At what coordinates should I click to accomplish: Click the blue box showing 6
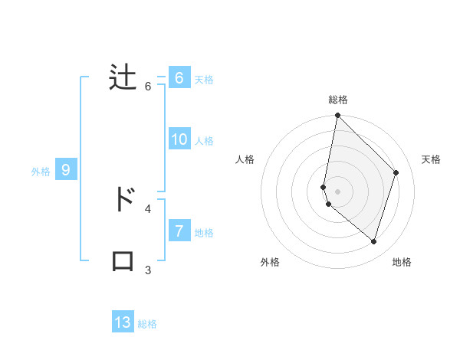pyautogui.click(x=179, y=78)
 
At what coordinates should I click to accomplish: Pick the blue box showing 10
pyautogui.click(x=179, y=139)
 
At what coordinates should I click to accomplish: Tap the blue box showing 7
pyautogui.click(x=179, y=231)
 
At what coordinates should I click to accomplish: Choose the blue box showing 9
pyautogui.click(x=66, y=170)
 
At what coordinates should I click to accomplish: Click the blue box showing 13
pyautogui.click(x=123, y=322)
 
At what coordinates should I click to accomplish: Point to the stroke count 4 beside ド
pyautogui.click(x=148, y=208)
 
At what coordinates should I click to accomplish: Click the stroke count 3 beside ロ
pyautogui.click(x=148, y=270)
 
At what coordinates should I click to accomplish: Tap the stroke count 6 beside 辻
pyautogui.click(x=148, y=87)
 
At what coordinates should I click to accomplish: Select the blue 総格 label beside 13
pyautogui.click(x=147, y=324)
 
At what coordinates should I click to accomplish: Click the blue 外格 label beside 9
pyautogui.click(x=41, y=172)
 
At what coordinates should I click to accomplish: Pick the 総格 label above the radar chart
pyautogui.click(x=338, y=100)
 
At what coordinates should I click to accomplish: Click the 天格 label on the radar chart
pyautogui.click(x=431, y=159)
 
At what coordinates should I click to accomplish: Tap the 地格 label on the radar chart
pyautogui.click(x=402, y=262)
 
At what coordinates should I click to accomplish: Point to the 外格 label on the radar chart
pyautogui.click(x=270, y=262)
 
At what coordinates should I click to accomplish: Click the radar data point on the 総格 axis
pyautogui.click(x=338, y=116)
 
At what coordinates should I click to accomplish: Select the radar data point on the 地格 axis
pyautogui.click(x=373, y=241)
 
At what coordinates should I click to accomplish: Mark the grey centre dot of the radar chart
pyautogui.click(x=338, y=191)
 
